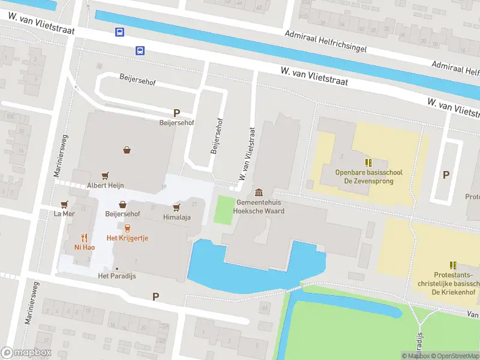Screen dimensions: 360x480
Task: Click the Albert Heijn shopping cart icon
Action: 106,175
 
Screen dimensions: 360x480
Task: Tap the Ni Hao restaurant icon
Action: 84,237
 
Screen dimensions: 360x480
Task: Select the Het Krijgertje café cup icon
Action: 127,228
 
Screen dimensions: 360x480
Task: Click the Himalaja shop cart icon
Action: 176,208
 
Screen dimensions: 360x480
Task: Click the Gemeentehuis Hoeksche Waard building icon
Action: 259,192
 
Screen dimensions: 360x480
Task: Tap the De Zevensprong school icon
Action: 368,163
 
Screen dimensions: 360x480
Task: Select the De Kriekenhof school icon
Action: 454,265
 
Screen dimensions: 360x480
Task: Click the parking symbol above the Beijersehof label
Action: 176,113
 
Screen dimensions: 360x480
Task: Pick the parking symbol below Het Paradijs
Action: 156,296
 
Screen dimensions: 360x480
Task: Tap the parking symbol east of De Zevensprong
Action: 446,175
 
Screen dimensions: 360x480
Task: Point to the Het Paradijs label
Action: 118,276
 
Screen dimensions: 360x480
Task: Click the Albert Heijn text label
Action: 106,185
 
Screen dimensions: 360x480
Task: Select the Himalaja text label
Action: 176,217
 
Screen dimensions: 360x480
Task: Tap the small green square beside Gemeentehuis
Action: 224,210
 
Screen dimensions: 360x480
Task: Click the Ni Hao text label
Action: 84,247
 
